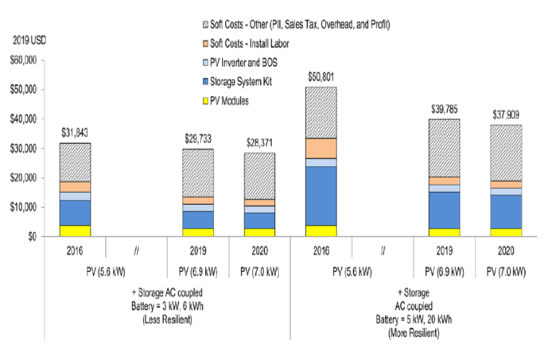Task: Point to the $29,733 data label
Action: (x=198, y=139)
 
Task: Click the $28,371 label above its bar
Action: (x=260, y=143)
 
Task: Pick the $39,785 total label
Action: (x=445, y=109)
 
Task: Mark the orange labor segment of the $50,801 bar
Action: (x=321, y=149)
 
